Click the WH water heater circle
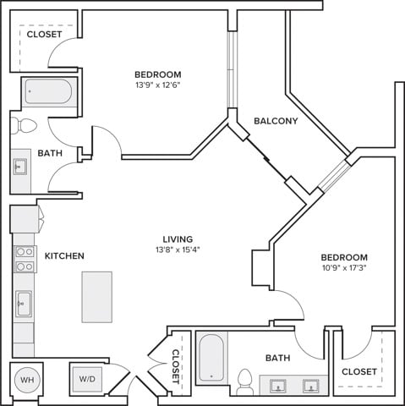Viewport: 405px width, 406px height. tap(27, 380)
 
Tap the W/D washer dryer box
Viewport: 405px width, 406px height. tap(87, 379)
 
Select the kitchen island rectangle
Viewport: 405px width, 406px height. tap(97, 297)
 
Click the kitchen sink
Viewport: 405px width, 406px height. tap(24, 304)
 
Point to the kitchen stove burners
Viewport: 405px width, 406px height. tap(25, 259)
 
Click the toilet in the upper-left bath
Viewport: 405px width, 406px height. tap(24, 125)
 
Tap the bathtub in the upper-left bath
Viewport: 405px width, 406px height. tap(48, 91)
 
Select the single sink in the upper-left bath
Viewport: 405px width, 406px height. tap(20, 167)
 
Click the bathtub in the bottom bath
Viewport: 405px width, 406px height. tap(211, 357)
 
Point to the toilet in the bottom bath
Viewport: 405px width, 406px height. tap(244, 381)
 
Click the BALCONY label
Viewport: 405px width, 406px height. tap(276, 121)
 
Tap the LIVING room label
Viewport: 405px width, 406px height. tap(178, 239)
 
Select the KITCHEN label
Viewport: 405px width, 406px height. tap(64, 255)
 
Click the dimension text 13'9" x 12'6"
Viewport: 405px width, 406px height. tap(158, 85)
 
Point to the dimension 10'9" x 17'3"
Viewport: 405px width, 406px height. tap(344, 268)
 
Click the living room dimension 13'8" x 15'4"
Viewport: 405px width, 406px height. tap(178, 250)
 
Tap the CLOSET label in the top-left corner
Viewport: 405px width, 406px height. tap(44, 35)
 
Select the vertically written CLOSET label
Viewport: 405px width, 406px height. tap(176, 366)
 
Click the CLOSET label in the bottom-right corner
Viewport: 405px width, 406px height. tap(359, 371)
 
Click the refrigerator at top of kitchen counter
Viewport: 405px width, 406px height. tap(25, 219)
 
